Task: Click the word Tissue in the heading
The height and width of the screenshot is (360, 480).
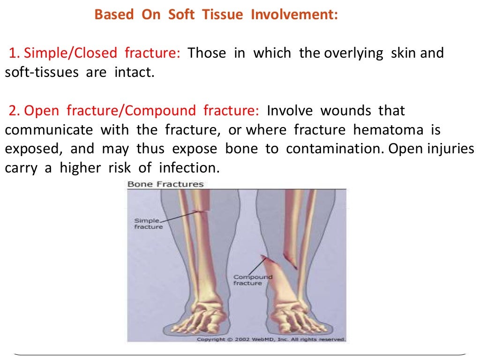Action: tap(223, 15)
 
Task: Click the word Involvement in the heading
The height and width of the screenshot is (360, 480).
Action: tap(294, 15)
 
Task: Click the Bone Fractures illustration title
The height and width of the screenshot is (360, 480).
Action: tap(165, 184)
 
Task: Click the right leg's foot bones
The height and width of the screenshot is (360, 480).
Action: tap(300, 316)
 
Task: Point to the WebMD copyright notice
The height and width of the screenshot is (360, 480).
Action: tap(271, 339)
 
